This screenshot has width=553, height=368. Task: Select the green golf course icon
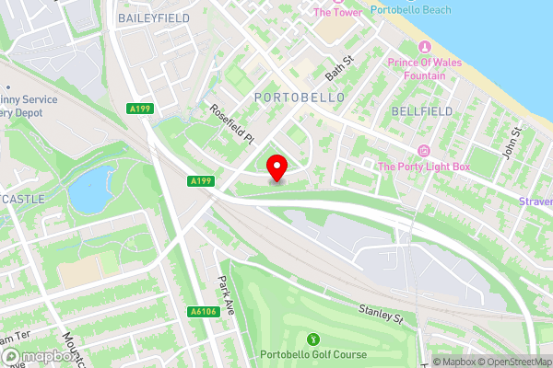click(x=312, y=339)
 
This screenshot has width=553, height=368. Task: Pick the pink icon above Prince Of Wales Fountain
click(x=424, y=47)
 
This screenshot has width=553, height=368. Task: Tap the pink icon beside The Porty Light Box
click(x=424, y=150)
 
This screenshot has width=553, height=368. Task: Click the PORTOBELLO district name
click(x=299, y=97)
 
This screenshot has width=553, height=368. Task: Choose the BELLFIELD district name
click(x=421, y=111)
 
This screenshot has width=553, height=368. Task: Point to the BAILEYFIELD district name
click(x=154, y=17)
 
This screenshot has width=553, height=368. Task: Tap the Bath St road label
click(x=339, y=66)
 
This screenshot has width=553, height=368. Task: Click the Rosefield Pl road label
click(x=231, y=123)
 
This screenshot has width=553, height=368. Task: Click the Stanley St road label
click(x=381, y=316)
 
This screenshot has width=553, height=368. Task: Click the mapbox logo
click(x=37, y=355)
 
